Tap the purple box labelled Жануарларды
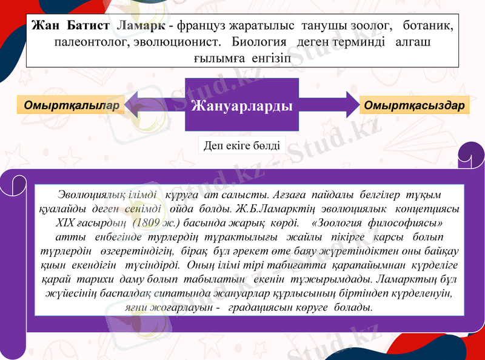(x=242, y=105)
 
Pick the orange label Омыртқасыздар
(x=415, y=104)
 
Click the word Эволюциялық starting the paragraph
(x=91, y=195)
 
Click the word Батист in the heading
(x=87, y=27)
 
